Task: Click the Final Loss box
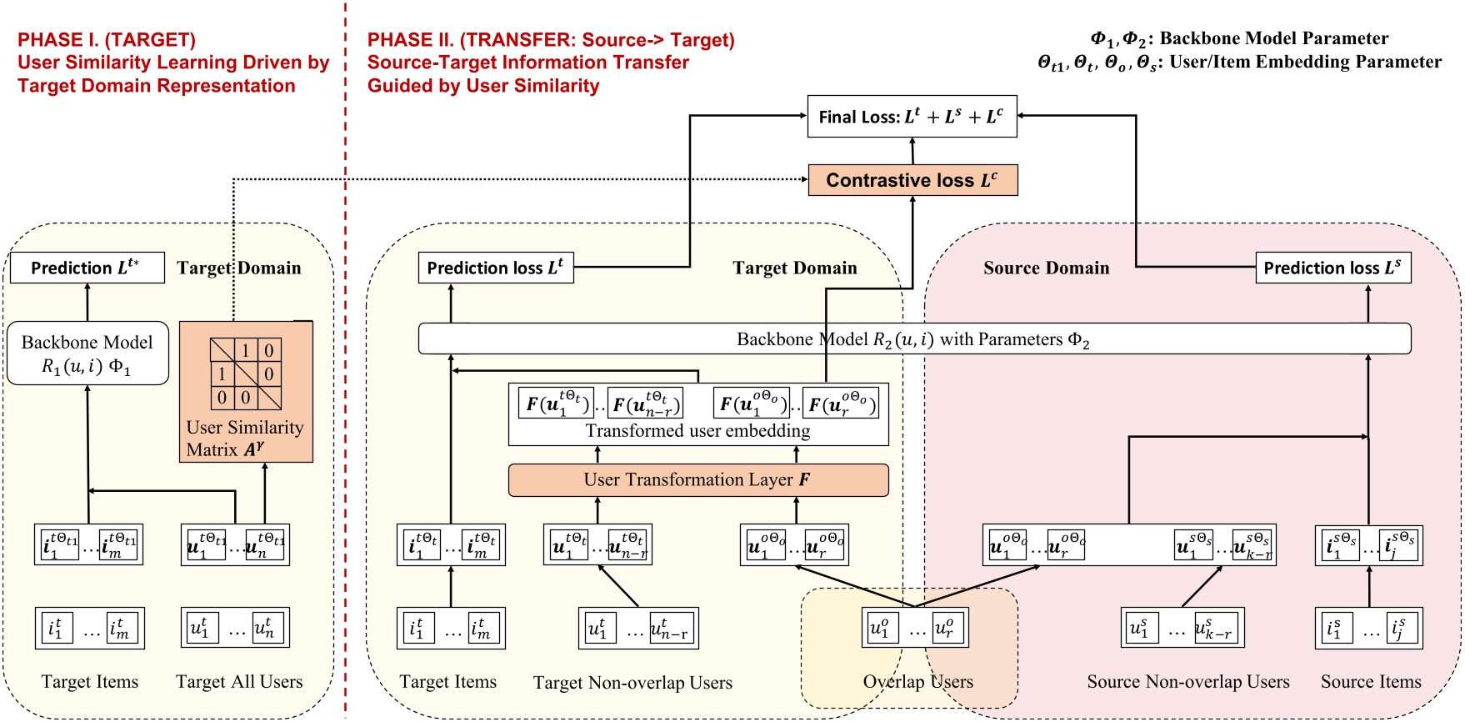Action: [x=912, y=117]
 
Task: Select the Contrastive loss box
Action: [x=912, y=180]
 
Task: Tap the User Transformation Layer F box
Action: [x=697, y=480]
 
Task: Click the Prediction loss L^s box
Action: [x=1332, y=268]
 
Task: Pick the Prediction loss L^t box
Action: [x=495, y=268]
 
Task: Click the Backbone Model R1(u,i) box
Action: [x=87, y=354]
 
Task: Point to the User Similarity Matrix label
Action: [x=245, y=439]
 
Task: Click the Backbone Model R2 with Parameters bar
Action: [x=913, y=339]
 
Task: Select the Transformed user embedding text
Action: [x=697, y=431]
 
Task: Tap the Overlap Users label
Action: [x=917, y=682]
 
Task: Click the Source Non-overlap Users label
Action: [x=1187, y=682]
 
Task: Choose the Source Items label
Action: [x=1370, y=682]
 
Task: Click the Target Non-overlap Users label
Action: [x=632, y=683]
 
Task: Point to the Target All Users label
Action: [x=239, y=682]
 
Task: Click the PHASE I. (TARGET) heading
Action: [x=107, y=40]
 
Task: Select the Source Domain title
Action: [x=1046, y=268]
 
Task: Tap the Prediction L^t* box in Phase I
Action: [x=87, y=268]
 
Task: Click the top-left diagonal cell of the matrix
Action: [x=222, y=350]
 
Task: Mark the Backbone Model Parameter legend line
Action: [x=1239, y=38]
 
